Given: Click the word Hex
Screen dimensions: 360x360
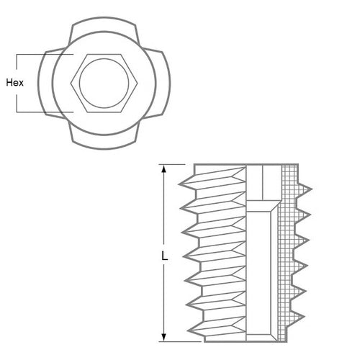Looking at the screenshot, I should tap(14, 82).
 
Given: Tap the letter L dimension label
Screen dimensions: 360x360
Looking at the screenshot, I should tap(165, 254).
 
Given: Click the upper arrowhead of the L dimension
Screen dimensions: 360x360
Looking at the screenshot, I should tap(165, 170).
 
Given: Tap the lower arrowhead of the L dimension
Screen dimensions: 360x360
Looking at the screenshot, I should tap(165, 336).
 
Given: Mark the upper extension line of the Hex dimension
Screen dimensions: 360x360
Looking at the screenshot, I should tap(43, 54).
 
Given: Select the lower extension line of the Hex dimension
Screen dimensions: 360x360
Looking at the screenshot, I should tap(43, 111).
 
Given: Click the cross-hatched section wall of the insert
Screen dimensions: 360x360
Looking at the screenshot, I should tap(291, 252).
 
